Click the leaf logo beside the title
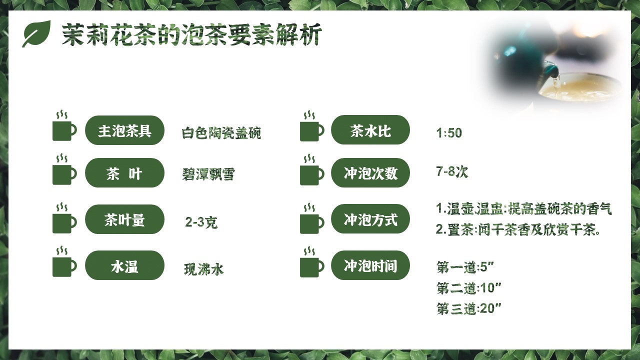[x=36, y=33]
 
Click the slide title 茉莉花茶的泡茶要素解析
[x=191, y=34]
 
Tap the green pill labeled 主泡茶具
[x=124, y=130]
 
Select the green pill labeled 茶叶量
[x=124, y=219]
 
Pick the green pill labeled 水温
[x=124, y=265]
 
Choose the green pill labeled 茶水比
[x=370, y=130]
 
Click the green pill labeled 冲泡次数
[x=370, y=173]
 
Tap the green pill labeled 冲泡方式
[x=370, y=219]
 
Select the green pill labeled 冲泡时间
[x=370, y=265]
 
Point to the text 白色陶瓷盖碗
[x=221, y=133]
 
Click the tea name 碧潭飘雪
[x=208, y=174]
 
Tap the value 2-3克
[x=201, y=222]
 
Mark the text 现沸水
[x=203, y=269]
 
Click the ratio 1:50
[x=449, y=133]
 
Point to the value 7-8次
[x=452, y=171]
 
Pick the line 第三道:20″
[x=469, y=308]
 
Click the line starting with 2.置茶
[x=518, y=229]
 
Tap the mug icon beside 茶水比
[x=311, y=126]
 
